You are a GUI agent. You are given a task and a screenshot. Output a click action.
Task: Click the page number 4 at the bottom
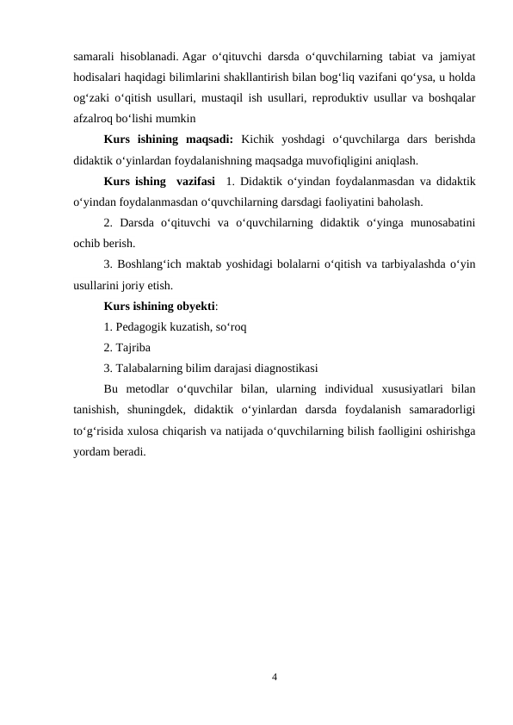tap(274, 678)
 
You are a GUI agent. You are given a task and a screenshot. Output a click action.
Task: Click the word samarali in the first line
tap(93, 57)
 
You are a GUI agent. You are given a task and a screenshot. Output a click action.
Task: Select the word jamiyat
tap(458, 57)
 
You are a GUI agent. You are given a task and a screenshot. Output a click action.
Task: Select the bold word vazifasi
tap(195, 181)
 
